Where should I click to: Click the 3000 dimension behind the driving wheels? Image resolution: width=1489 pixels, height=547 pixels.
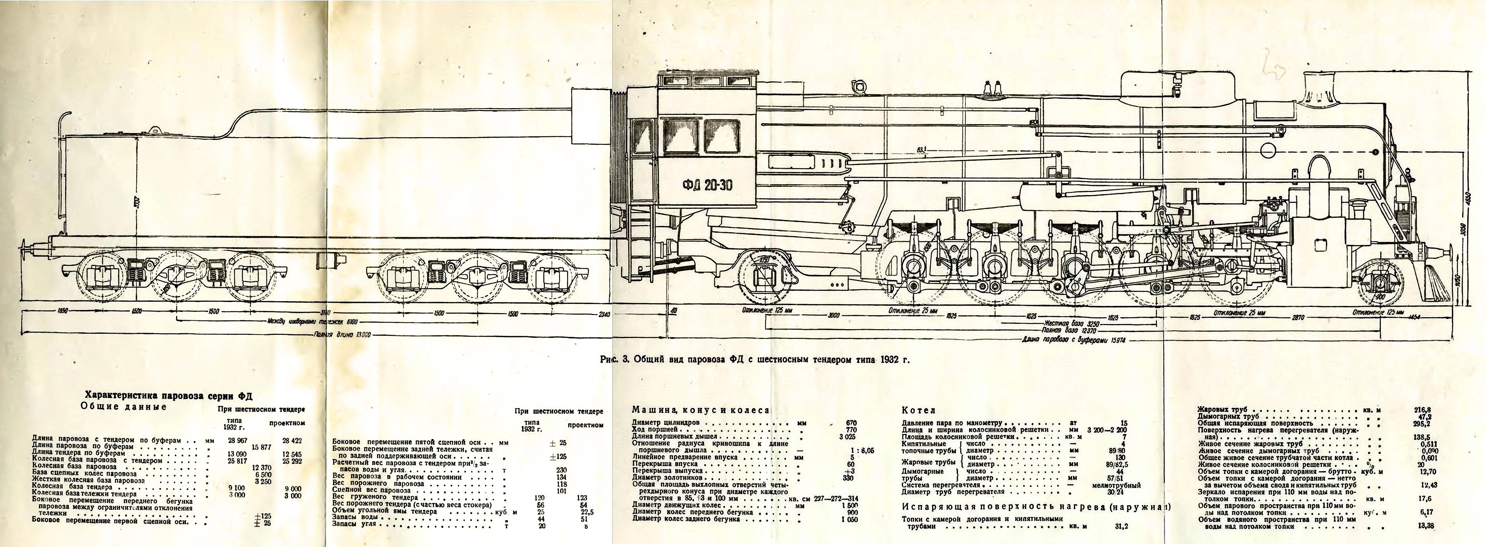(x=834, y=316)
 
